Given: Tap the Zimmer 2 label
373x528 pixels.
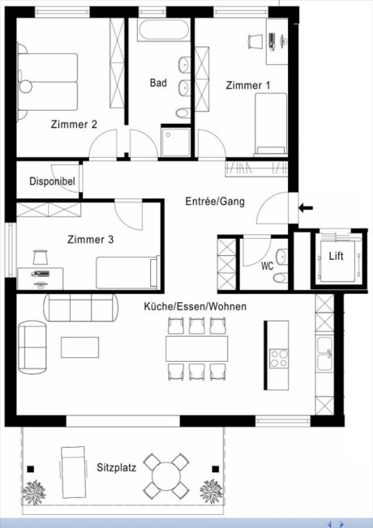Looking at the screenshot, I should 74,125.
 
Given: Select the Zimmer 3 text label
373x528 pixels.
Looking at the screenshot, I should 90,239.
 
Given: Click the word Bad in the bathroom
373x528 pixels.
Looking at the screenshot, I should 158,83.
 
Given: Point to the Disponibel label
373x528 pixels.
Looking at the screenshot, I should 52,181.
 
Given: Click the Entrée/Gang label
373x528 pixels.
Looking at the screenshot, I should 215,202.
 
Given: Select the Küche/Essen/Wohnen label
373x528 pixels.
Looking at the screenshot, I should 195,306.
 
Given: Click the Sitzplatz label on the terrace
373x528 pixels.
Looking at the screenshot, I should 116,467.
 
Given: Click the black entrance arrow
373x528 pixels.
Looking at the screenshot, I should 306,208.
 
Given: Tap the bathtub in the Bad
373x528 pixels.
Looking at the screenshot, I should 164,31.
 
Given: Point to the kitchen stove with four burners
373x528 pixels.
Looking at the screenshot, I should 280,357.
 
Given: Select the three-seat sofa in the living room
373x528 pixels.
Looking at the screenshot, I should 79,309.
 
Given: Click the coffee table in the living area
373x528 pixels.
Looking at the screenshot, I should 81,347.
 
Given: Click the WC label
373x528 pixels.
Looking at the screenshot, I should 267,265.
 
